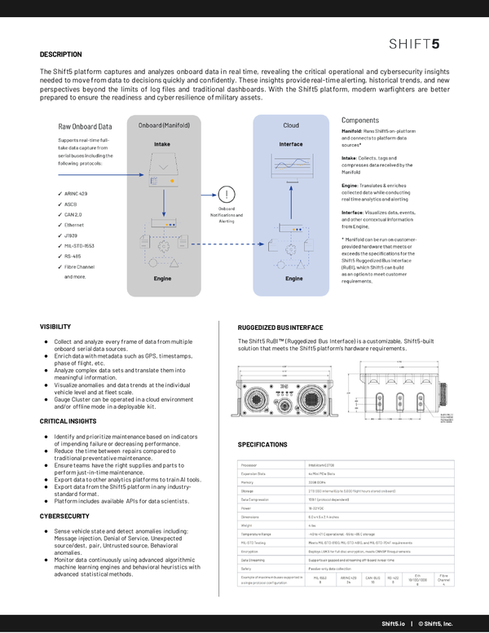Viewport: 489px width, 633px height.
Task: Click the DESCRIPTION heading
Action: click(x=61, y=55)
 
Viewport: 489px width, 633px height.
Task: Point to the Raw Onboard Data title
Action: click(x=85, y=126)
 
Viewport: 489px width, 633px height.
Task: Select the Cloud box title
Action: click(x=290, y=125)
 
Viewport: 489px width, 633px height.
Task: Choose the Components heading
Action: click(x=359, y=120)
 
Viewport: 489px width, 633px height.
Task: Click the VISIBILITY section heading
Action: click(x=55, y=327)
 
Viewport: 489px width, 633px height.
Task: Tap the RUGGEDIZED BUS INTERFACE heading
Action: click(x=280, y=327)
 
